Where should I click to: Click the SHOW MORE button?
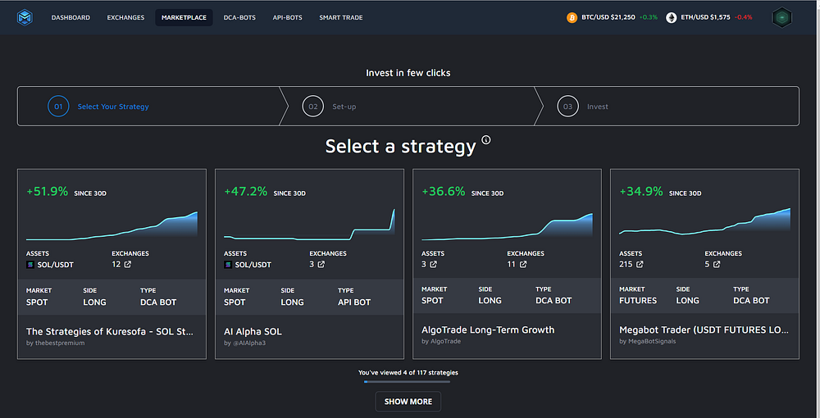(408, 402)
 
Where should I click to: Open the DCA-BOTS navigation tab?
(239, 18)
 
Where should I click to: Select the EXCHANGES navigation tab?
(125, 18)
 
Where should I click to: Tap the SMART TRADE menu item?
(341, 18)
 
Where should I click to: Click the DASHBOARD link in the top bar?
(71, 18)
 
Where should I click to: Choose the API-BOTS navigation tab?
(287, 18)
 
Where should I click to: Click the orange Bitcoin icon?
(572, 18)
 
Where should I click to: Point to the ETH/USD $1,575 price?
(705, 17)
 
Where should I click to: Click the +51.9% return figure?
(47, 192)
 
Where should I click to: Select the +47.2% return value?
(245, 192)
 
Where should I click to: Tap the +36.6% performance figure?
(444, 192)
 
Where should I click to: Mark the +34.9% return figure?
(641, 192)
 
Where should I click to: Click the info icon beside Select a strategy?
(486, 139)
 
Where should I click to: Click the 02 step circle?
(312, 107)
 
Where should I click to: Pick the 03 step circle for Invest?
(567, 107)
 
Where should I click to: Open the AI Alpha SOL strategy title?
(253, 332)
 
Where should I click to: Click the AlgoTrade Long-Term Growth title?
(488, 330)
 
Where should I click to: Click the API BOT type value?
(354, 302)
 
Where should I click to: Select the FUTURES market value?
(638, 301)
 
